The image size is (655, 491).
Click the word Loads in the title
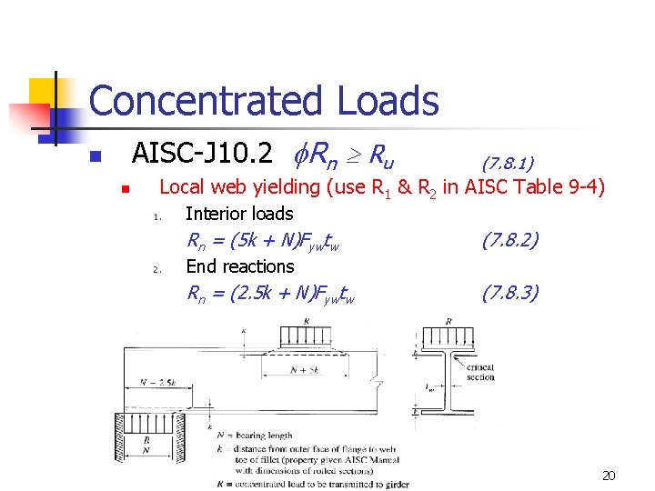tap(387, 101)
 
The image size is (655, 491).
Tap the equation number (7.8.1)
tap(508, 163)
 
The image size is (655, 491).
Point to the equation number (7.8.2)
tap(510, 240)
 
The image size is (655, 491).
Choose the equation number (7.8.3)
tap(510, 293)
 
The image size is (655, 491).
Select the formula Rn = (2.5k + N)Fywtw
tap(270, 294)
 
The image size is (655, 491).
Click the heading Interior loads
tap(238, 214)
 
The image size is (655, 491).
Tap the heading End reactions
tap(239, 266)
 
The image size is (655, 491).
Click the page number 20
tap(609, 476)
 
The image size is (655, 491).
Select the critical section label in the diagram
tap(480, 372)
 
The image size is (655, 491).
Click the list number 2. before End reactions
tap(157, 269)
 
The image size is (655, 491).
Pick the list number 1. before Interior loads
tap(157, 216)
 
